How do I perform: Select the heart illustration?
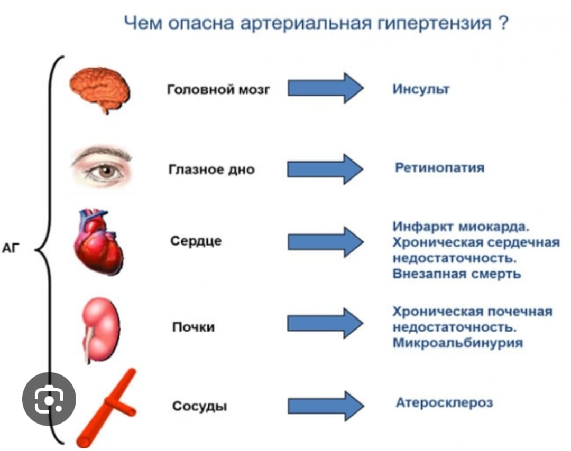click(98, 242)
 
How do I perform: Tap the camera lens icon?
click(49, 400)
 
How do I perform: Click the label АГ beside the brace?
click(11, 248)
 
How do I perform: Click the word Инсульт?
click(421, 89)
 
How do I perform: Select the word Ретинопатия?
click(439, 168)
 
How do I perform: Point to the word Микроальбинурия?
click(457, 343)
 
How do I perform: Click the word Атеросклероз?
click(444, 402)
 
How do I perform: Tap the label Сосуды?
click(200, 406)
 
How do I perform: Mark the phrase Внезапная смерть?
click(457, 274)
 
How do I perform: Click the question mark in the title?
click(502, 24)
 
